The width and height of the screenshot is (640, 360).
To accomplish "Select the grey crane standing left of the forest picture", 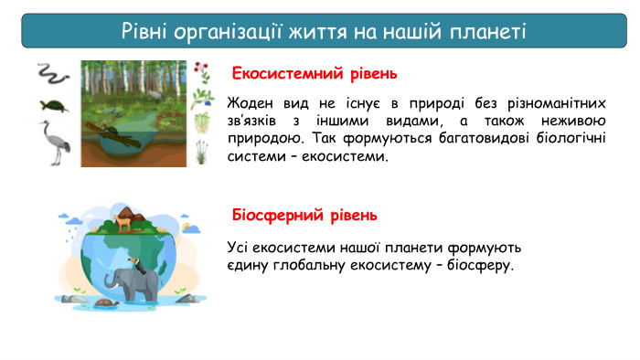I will click(x=55, y=143).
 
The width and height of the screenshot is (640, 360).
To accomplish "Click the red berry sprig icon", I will click(x=202, y=72).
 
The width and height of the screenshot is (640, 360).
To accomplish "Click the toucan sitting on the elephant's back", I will click(x=136, y=266).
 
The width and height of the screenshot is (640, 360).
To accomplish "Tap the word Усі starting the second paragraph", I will click(x=238, y=247).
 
